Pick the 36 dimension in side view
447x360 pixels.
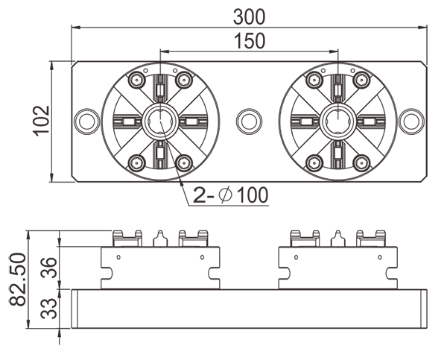(46, 267)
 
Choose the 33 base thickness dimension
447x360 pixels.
(46, 308)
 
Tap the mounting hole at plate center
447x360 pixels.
(249, 121)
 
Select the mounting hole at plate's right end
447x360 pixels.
(410, 121)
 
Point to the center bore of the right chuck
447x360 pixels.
(337, 121)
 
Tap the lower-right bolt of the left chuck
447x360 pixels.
(184, 162)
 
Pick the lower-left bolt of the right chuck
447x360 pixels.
(313, 162)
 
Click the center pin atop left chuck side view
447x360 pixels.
(160, 238)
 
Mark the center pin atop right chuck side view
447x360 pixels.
(337, 238)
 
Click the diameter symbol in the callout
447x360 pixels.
(226, 196)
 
